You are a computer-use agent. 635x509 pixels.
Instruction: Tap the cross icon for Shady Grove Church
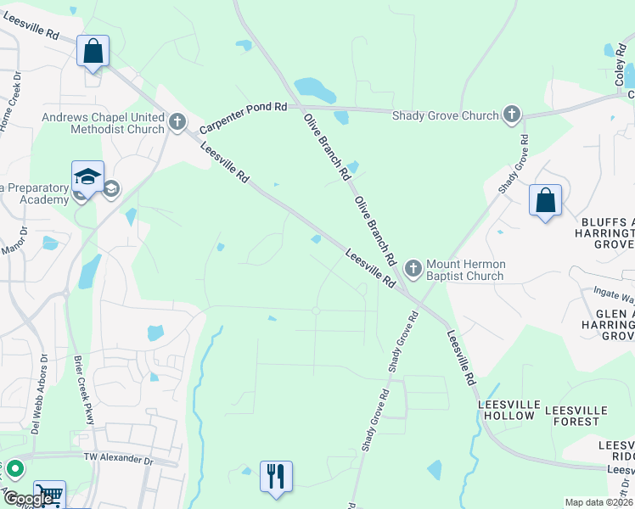point(511,115)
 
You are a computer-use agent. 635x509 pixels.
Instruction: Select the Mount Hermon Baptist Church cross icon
point(413,270)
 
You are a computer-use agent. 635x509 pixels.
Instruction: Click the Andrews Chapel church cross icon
point(177,123)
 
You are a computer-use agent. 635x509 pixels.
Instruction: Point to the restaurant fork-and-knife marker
point(276,476)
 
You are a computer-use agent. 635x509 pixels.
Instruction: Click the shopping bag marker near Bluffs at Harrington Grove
point(545,201)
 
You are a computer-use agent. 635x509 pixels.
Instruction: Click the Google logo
point(27,499)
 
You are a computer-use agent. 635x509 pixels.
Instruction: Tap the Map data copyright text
point(598,502)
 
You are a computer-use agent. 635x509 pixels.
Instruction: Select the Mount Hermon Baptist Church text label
point(464,270)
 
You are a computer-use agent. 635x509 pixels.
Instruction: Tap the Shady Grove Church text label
point(445,115)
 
